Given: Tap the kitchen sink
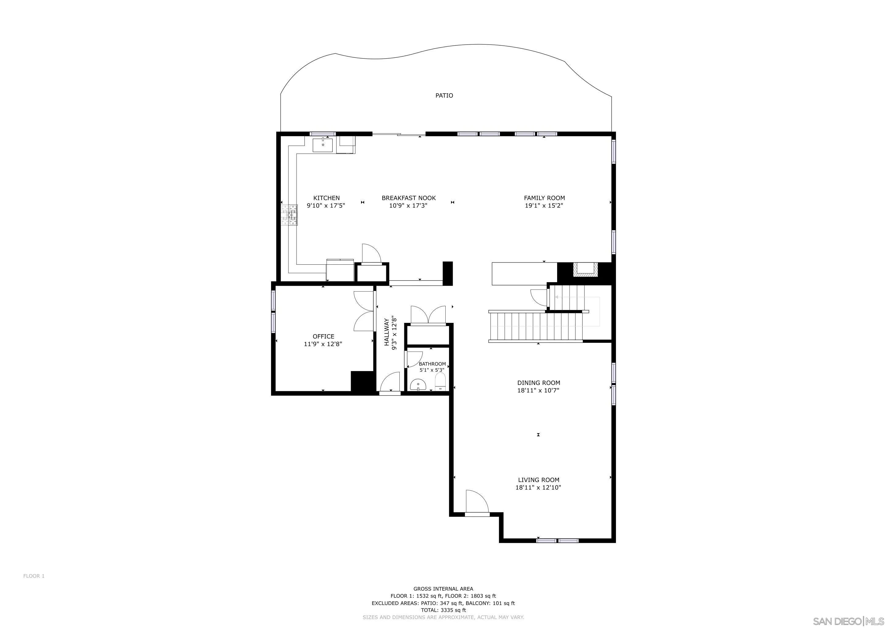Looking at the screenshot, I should (322, 145).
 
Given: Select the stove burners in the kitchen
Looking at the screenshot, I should (289, 215).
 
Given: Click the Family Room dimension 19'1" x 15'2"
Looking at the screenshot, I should (544, 206).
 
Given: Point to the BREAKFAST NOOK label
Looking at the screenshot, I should (408, 198).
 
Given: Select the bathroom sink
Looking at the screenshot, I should (418, 385).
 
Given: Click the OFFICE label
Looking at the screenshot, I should (323, 336).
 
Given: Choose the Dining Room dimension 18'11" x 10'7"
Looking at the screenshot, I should (538, 391).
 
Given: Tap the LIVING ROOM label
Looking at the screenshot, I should (538, 480).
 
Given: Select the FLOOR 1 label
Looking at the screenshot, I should (34, 576).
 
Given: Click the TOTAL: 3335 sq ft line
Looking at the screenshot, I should (443, 610).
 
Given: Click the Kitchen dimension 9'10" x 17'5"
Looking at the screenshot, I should (326, 206).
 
